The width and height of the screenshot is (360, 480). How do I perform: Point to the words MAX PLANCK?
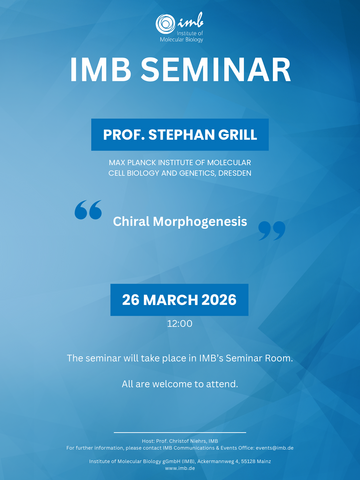point(133,162)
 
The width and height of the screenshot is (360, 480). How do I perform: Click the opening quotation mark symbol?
point(88,210)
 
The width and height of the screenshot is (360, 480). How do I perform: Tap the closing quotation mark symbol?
point(271,231)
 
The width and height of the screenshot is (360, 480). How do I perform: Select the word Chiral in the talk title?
point(132,220)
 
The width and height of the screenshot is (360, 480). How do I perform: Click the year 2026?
point(221,300)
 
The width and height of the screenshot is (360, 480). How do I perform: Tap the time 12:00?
point(180,324)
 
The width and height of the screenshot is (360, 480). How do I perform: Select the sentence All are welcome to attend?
point(180,384)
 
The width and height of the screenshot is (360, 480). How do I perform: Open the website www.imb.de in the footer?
point(180,468)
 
